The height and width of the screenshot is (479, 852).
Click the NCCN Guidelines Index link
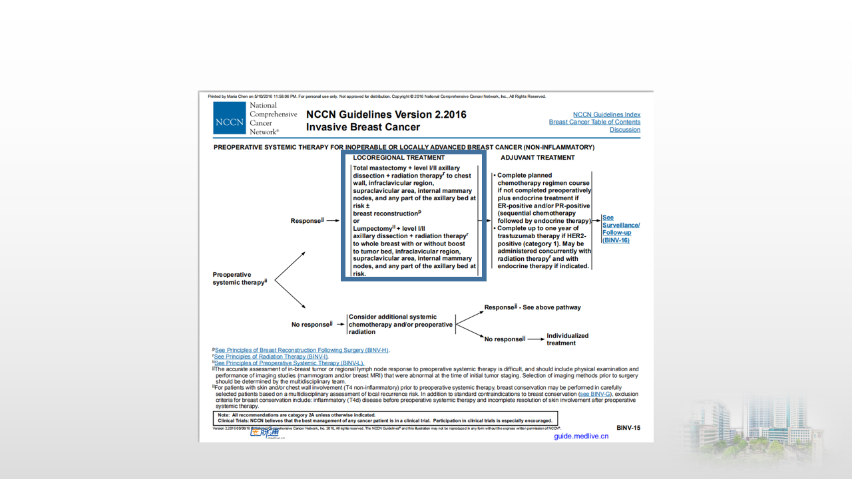click(x=606, y=114)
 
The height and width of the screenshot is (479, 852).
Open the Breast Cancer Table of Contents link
click(x=594, y=122)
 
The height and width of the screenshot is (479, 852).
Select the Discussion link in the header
click(x=624, y=130)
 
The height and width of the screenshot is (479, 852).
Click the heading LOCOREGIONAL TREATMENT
click(x=399, y=158)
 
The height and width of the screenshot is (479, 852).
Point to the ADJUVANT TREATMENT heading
click(x=538, y=158)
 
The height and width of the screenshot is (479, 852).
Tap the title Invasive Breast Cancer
click(x=363, y=127)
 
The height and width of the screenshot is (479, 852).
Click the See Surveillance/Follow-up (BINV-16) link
click(x=620, y=228)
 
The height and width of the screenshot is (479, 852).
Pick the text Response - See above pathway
click(x=532, y=307)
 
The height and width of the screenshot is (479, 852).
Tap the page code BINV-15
click(x=628, y=428)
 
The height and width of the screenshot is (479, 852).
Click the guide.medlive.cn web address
click(x=581, y=436)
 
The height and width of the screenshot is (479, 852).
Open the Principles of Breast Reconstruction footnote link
click(x=302, y=350)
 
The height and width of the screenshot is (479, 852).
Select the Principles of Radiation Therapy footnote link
click(x=271, y=357)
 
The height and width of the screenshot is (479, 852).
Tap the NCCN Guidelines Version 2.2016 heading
click(x=386, y=114)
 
